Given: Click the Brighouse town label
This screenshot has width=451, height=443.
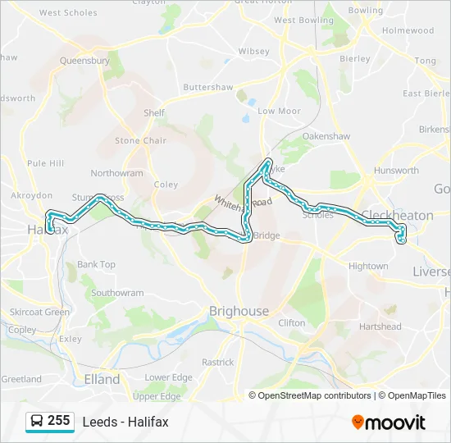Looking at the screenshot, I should [239, 311].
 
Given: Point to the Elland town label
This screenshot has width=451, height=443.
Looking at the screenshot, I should [102, 379].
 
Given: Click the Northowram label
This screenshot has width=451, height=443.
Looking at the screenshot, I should [116, 173].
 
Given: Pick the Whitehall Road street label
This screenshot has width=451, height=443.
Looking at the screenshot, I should [244, 202].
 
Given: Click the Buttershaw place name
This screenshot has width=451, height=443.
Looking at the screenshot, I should [208, 87].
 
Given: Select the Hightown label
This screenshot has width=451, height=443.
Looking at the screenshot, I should [368, 266].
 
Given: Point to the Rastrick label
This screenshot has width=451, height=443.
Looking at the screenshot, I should [217, 362].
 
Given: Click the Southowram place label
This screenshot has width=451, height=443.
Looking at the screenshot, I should [117, 293].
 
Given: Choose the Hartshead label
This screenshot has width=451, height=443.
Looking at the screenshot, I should [380, 326].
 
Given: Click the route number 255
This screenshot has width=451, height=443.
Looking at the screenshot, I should [58, 421].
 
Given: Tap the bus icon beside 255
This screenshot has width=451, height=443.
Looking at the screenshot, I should [37, 422].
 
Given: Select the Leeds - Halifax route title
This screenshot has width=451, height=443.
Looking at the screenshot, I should [125, 422].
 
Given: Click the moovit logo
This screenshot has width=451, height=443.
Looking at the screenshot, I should [389, 422].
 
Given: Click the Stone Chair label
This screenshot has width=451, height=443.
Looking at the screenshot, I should [140, 140].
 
